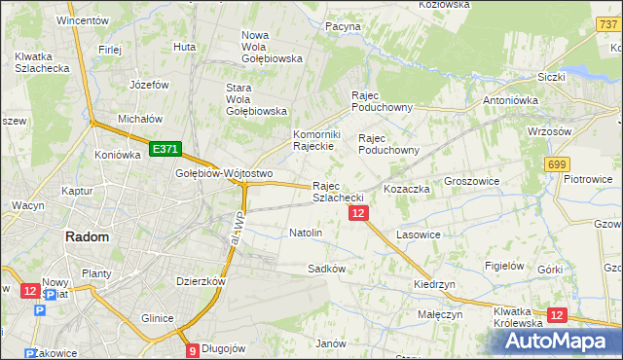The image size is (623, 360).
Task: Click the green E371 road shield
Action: pyautogui.click(x=164, y=149)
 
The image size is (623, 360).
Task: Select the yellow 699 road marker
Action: pyautogui.click(x=557, y=165)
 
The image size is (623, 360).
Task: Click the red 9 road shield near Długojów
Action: pyautogui.click(x=192, y=350)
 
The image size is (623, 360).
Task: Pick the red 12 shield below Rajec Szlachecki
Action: pyautogui.click(x=358, y=213)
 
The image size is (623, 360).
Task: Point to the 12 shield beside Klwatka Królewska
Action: pyautogui.click(x=557, y=315)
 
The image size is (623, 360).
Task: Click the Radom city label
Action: pyautogui.click(x=87, y=236)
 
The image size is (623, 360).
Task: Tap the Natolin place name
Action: pyautogui.click(x=306, y=234)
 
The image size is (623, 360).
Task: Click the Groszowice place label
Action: pyautogui.click(x=473, y=181)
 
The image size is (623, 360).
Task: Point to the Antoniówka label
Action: pyautogui.click(x=512, y=99)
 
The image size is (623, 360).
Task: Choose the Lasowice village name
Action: pyautogui.click(x=419, y=234)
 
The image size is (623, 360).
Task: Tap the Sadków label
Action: pyautogui.click(x=326, y=268)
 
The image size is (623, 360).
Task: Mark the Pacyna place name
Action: pyautogui.click(x=344, y=26)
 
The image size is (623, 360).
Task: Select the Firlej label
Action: pyautogui.click(x=108, y=48)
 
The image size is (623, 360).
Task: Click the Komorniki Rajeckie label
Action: pyautogui.click(x=315, y=140)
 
